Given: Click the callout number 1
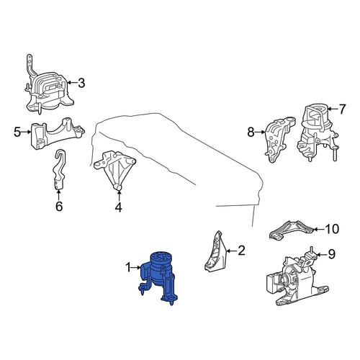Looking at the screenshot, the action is coord(129,267).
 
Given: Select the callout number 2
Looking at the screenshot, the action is coord(241,251).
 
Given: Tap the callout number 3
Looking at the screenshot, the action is coord(81,83).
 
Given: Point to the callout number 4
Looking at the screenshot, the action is coord(119,207).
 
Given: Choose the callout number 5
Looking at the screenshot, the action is coord(17,132).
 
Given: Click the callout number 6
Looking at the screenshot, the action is coord(59,206).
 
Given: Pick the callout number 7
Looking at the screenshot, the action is coord(342,109).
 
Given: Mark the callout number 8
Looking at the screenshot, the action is coord(251,132).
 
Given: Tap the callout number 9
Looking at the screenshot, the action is coord(331,254).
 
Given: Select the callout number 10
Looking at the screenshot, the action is coord(332,229).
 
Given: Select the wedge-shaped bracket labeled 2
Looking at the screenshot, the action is coord(215,253).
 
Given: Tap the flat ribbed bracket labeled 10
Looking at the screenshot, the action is coord(292,230).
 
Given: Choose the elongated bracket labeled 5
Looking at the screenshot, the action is coord(57,134).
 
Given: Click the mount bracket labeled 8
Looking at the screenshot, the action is coord(279,140).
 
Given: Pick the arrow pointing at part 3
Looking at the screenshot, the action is coord(72,83).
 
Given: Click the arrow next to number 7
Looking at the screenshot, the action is coord(333,109).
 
